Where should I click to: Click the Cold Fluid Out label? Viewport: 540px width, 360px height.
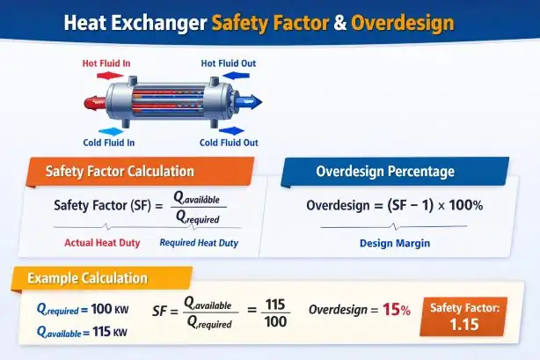point(229,143)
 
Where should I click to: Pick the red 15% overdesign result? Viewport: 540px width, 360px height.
point(396,311)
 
